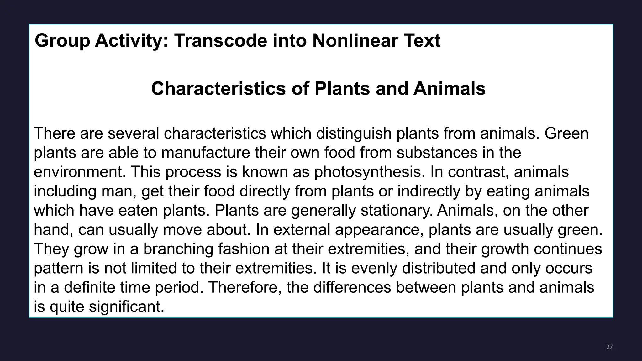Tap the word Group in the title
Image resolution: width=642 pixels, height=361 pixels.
pos(62,41)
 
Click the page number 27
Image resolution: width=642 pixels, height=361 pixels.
pos(609,347)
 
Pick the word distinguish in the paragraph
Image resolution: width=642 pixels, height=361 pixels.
pos(354,133)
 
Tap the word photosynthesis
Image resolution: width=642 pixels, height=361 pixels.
pos(370,172)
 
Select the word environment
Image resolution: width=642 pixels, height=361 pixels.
pos(79,172)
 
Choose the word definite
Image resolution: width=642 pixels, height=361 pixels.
pos(90,287)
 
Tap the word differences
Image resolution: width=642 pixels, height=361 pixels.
pos(352,287)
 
